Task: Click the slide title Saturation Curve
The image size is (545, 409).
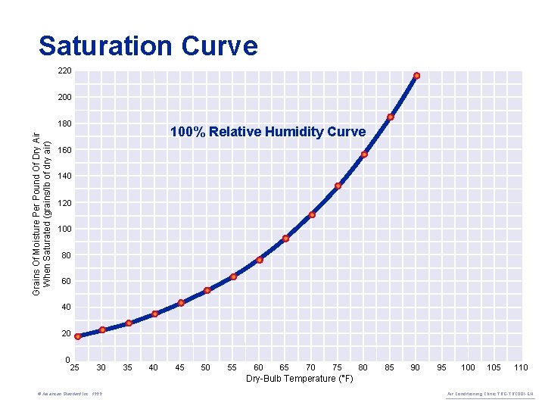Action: point(148,46)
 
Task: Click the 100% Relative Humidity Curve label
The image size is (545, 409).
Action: point(267,132)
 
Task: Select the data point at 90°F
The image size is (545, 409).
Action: point(417,76)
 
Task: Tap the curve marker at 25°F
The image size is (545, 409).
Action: point(78,336)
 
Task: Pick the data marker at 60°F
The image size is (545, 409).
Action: point(260,260)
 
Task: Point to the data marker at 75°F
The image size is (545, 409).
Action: point(338,186)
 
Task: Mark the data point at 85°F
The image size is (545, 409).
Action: point(391,117)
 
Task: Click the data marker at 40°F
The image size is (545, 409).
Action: point(155,314)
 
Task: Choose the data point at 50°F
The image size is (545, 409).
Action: point(207,290)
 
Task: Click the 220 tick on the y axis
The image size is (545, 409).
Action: point(64,71)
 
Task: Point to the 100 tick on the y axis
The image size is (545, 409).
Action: point(64,229)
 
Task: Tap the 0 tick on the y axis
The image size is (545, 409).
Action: point(67,360)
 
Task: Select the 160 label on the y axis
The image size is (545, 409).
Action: point(64,150)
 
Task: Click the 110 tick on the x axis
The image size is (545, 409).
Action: point(521,367)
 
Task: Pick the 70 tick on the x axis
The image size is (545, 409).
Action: point(311,367)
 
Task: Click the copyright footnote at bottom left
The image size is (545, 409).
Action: point(73,395)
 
